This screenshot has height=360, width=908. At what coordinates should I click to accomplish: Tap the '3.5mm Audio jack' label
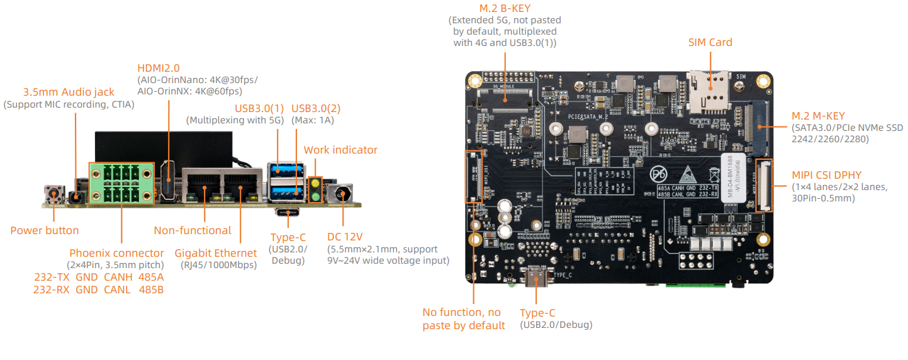pos(69,92)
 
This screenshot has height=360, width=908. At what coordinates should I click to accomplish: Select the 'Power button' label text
pos(45,230)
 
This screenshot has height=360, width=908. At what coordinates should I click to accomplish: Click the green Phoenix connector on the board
pos(121,183)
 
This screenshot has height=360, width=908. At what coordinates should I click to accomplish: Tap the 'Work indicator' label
pos(340,150)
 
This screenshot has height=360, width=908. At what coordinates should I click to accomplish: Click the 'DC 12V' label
pos(345,237)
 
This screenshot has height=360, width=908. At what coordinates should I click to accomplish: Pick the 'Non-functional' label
pos(193,230)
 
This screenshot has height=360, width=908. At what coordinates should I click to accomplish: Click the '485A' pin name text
pos(151,277)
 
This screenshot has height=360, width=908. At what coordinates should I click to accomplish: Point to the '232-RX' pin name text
pos(51,290)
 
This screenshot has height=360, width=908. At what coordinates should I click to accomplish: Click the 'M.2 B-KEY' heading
pos(505,8)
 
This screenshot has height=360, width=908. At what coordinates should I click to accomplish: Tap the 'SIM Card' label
pos(710,42)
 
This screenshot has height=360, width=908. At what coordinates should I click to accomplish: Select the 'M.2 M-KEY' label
pos(818,116)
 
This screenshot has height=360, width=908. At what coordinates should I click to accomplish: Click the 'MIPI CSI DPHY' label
pos(826,174)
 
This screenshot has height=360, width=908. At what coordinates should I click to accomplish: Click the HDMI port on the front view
pos(169,181)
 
